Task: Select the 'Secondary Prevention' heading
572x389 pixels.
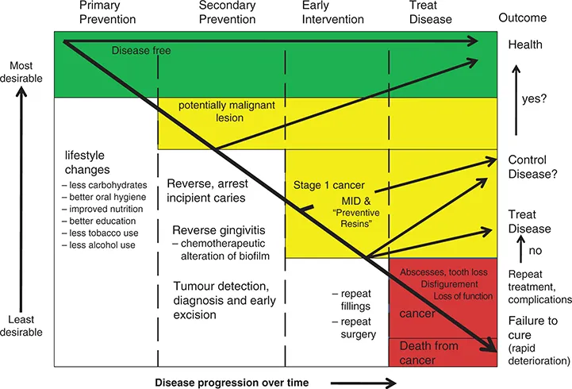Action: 207,12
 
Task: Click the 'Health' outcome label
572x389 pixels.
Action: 524,44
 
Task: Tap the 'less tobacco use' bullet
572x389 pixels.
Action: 104,233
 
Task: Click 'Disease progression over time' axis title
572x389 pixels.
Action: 231,382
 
